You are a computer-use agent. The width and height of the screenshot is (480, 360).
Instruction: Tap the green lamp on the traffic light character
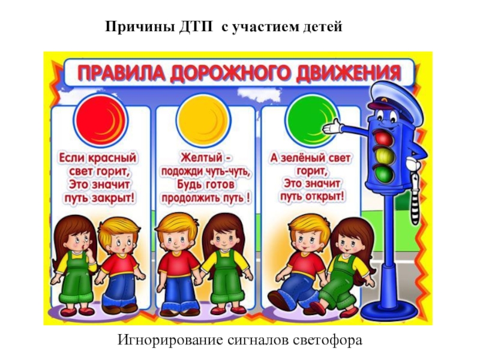click(x=383, y=175)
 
